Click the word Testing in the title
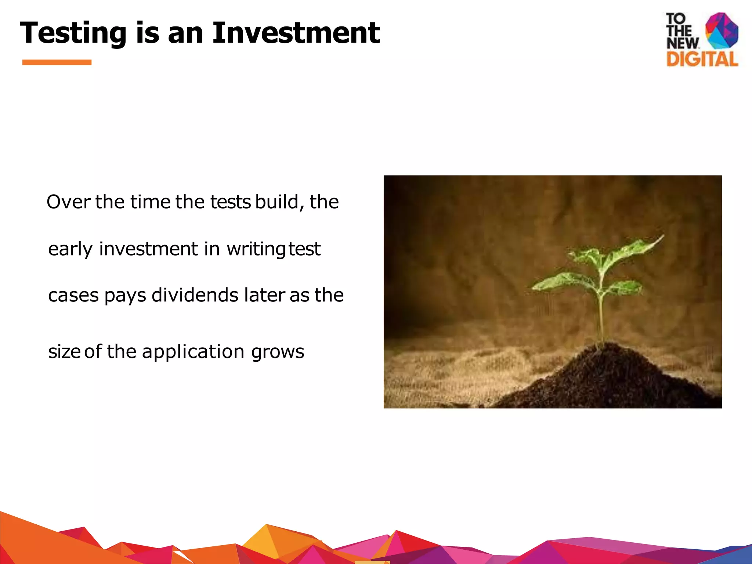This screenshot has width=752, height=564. pos(73,33)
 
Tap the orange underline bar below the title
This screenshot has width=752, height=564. pos(57,62)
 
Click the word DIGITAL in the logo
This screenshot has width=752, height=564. pos(702,59)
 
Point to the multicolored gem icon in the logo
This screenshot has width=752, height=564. pos(722,31)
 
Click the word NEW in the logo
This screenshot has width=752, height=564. pos(682,43)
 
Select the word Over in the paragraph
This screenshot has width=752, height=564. pos(68,202)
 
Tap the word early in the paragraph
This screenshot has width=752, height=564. pos(70,249)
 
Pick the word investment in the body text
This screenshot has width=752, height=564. pos(148,249)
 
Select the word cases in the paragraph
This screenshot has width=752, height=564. pos(73,296)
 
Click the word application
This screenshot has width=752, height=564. pos(193,352)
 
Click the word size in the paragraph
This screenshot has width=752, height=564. pos(64,352)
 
